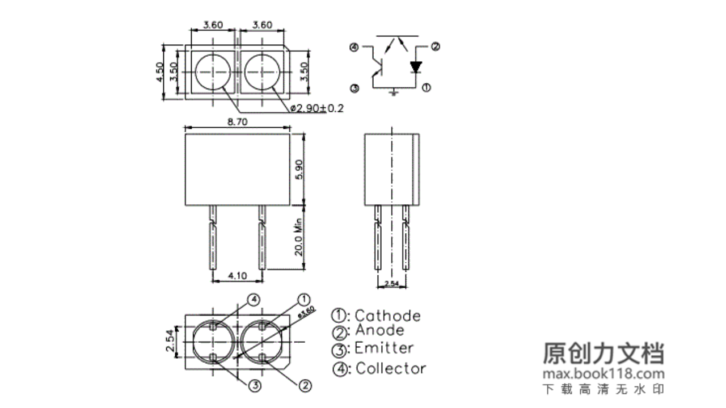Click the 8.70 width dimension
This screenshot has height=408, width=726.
point(237,122)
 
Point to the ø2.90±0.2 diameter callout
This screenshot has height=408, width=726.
point(316,108)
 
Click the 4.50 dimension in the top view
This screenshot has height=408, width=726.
point(161,71)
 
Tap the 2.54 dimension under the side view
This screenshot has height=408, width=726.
point(391,283)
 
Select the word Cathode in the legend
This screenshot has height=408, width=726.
point(387,316)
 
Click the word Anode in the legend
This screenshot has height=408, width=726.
point(379,330)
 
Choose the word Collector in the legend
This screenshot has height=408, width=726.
point(391,369)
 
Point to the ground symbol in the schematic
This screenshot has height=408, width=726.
point(394,91)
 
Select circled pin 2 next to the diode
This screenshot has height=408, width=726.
point(435,47)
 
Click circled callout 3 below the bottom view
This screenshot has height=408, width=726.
point(255,386)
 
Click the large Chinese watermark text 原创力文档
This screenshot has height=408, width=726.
point(603,353)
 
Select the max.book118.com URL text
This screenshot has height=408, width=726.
point(603,374)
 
